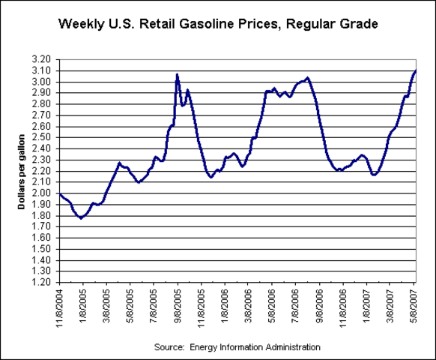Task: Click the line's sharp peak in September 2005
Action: tap(177, 74)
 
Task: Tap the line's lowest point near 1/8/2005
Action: tap(81, 218)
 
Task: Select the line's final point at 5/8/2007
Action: tap(416, 70)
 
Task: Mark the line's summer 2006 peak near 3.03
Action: tap(307, 77)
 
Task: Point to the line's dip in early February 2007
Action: tap(374, 175)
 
